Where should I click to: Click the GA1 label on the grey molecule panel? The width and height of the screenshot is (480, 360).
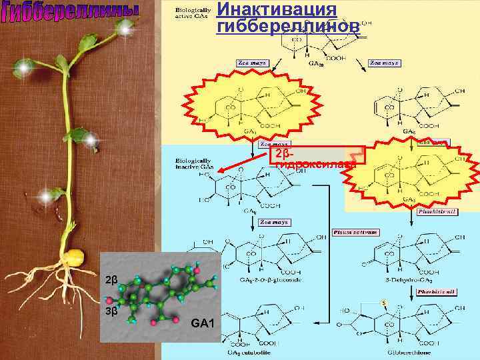tap(202, 324)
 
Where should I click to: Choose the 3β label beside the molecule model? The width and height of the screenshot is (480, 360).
tap(111, 310)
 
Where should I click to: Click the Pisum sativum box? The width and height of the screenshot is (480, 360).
tap(355, 233)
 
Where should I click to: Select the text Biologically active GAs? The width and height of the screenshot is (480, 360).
tap(191, 13)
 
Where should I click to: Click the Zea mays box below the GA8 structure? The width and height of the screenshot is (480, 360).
tap(273, 221)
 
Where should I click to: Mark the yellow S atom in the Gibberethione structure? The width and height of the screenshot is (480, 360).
tap(384, 303)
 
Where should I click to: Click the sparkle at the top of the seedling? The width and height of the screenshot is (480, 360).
tap(125, 27)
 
